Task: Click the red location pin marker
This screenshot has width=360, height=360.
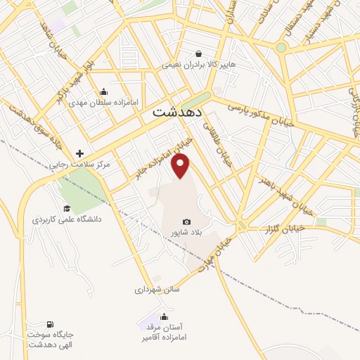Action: pos(181,166)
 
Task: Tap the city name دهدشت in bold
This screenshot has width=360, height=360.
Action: pos(178,112)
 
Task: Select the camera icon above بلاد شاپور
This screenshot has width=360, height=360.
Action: pos(186,221)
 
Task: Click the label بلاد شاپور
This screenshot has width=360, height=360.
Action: pos(186,232)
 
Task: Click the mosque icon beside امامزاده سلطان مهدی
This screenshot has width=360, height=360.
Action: pos(104,91)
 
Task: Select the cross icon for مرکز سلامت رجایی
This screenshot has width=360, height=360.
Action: pos(79,154)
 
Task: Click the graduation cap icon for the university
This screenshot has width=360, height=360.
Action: pos(67,208)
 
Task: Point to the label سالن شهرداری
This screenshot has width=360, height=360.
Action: pos(158,289)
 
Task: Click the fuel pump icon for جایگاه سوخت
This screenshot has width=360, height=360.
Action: pos(50,325)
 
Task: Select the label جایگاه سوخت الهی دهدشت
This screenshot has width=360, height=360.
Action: pos(51,340)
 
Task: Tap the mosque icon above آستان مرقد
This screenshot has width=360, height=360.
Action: pos(165,316)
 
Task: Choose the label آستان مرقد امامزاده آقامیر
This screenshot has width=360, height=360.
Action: pos(166,333)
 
